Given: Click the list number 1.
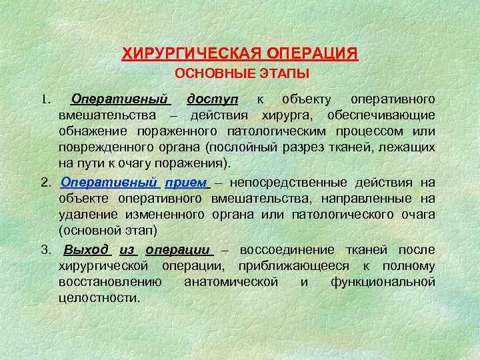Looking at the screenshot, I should coord(45,99).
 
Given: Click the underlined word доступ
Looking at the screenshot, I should coord(211,99).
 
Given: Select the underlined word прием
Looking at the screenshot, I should coord(185,182).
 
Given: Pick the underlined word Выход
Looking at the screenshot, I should coord(87,249).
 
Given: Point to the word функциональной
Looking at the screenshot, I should coord(383,281).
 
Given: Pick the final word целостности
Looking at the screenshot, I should coord(99,297).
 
